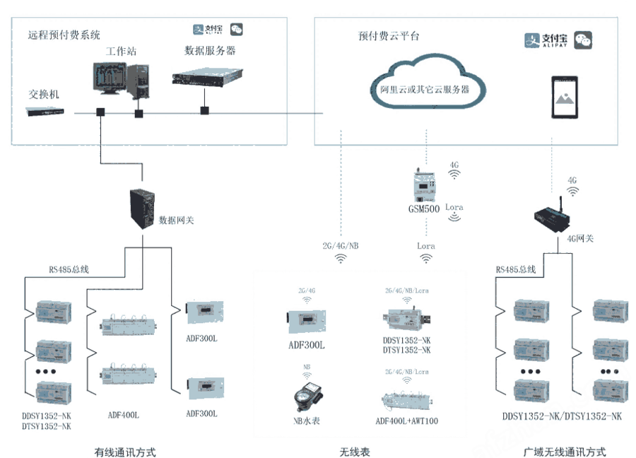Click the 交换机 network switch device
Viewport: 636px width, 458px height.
[47, 111]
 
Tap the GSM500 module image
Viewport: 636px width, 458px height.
[423, 187]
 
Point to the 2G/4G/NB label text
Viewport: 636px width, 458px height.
[340, 246]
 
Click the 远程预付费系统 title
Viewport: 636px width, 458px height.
[64, 34]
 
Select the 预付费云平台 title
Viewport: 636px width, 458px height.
[389, 35]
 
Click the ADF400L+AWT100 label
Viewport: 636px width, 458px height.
[407, 421]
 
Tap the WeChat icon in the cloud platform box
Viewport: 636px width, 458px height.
[583, 40]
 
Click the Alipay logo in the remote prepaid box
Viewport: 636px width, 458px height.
[208, 30]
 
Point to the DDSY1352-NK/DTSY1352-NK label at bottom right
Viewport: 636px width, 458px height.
[563, 416]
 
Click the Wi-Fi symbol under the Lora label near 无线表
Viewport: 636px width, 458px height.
[426, 259]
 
